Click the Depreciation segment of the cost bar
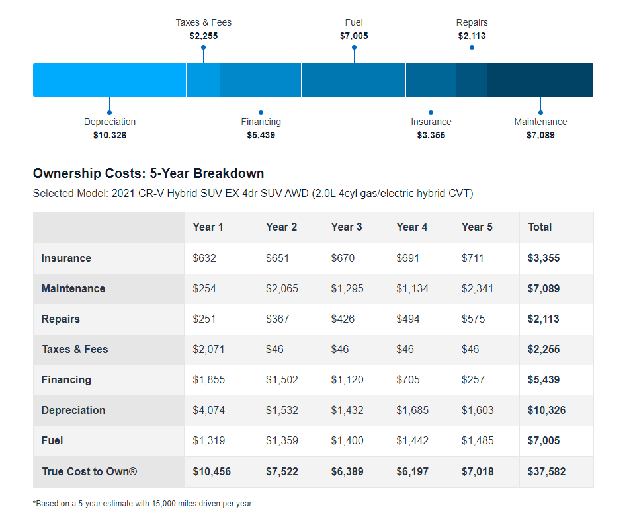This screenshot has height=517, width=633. click(109, 80)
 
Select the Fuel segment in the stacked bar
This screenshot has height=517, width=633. click(353, 80)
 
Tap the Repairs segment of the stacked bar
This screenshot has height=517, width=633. click(472, 80)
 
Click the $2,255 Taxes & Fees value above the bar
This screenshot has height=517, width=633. click(204, 36)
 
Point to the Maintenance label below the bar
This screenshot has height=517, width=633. click(540, 122)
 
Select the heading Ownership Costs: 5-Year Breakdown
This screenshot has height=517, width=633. click(148, 173)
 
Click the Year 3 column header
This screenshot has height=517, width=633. click(347, 227)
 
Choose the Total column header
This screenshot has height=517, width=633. click(540, 227)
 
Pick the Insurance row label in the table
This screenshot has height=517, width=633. click(66, 258)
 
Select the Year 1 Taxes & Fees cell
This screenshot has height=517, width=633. click(208, 349)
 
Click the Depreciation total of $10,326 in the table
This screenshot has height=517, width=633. click(546, 410)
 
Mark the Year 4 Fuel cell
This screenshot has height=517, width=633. click(413, 440)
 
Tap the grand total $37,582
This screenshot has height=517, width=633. click(546, 471)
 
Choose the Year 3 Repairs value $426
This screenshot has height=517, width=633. click(343, 319)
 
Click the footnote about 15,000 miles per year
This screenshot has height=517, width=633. click(143, 504)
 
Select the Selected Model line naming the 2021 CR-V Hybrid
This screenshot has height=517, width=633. click(253, 194)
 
